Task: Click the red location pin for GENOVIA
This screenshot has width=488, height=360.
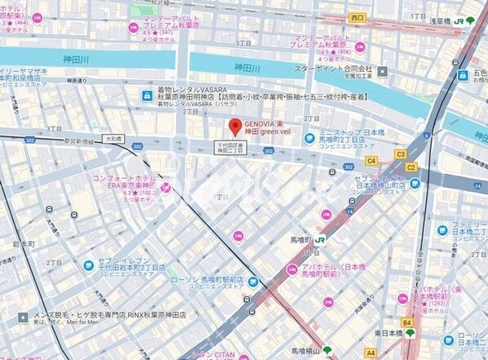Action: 235,127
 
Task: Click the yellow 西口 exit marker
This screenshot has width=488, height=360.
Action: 357,16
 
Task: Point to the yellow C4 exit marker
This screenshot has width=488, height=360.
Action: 371,161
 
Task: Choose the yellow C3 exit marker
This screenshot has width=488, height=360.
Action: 400,153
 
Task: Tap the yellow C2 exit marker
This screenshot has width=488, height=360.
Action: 410,167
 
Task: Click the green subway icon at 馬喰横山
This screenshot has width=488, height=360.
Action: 327,350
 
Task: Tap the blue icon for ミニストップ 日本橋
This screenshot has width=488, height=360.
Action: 309,137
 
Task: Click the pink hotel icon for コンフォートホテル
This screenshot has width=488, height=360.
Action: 166,189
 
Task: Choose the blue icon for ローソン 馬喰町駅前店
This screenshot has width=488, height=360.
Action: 253,282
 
